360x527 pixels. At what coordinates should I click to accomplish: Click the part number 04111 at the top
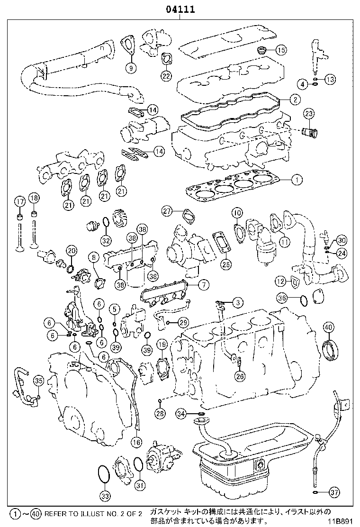coord(180,10)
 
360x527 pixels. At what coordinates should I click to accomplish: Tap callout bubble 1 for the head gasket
coord(297,180)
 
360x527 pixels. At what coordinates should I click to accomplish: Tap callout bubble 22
coord(166,75)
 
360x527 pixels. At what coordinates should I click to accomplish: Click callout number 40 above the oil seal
coord(328,327)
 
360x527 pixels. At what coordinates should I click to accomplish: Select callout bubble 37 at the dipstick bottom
coord(334,492)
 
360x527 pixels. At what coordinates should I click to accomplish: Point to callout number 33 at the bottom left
coord(105,496)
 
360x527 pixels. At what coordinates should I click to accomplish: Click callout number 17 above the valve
coord(19,201)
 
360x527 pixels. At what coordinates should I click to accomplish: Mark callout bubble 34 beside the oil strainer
coord(181,414)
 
